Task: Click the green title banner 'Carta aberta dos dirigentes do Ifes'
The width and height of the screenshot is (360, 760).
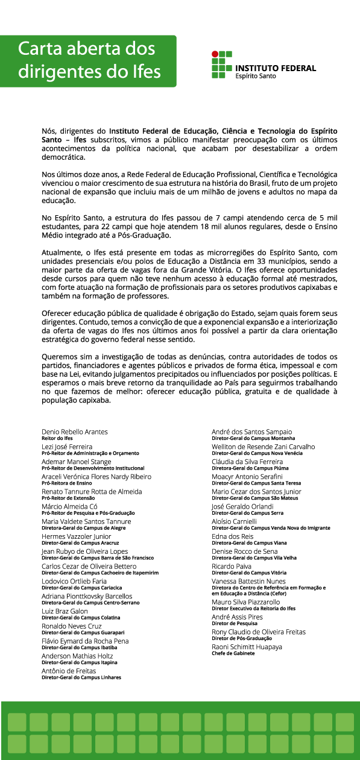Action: click(x=89, y=61)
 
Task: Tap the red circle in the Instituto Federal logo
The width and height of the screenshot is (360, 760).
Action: click(x=213, y=54)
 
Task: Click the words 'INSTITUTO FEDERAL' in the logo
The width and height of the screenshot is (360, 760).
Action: click(x=275, y=68)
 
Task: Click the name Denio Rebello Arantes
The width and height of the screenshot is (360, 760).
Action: click(x=75, y=432)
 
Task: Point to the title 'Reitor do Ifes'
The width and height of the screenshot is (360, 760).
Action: click(x=57, y=438)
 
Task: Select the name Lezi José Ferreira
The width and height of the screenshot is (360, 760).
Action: click(x=67, y=447)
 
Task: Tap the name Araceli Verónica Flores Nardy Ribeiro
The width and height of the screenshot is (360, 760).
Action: click(x=96, y=476)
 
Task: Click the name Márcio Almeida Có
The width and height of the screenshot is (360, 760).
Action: click(x=69, y=506)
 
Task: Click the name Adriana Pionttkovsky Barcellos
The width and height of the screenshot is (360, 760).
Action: click(x=87, y=596)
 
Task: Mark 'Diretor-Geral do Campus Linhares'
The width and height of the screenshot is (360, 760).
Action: click(x=81, y=677)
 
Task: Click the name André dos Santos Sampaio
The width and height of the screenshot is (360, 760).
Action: click(x=251, y=432)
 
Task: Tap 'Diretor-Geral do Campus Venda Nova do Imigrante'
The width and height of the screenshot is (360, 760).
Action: click(x=271, y=528)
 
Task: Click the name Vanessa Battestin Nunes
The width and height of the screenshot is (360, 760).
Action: click(x=248, y=581)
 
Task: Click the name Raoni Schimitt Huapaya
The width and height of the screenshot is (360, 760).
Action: click(x=247, y=647)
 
